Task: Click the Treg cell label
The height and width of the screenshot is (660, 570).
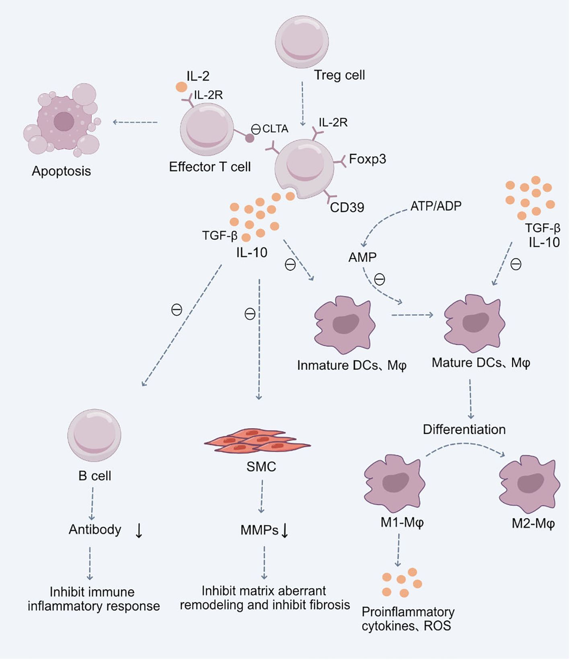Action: coord(339,75)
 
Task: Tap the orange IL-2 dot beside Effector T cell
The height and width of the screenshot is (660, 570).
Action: coord(181,87)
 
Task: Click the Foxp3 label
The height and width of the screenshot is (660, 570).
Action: coord(367,159)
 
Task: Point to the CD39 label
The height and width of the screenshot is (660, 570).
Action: coord(347,207)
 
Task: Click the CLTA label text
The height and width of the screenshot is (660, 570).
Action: coord(275,129)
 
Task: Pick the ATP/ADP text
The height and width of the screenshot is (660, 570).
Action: coord(436,206)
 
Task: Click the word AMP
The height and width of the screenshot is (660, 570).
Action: coord(362,257)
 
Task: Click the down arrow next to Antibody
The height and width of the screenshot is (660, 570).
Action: coord(139,531)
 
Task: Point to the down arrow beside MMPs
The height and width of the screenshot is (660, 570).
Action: coord(285,530)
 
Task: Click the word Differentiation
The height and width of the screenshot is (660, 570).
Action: coord(464,429)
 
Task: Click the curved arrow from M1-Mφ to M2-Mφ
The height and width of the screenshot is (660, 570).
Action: coord(465,445)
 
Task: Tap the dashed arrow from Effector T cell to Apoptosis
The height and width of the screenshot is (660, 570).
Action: coord(135,123)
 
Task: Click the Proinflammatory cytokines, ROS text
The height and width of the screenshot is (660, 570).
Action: coord(408,618)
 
